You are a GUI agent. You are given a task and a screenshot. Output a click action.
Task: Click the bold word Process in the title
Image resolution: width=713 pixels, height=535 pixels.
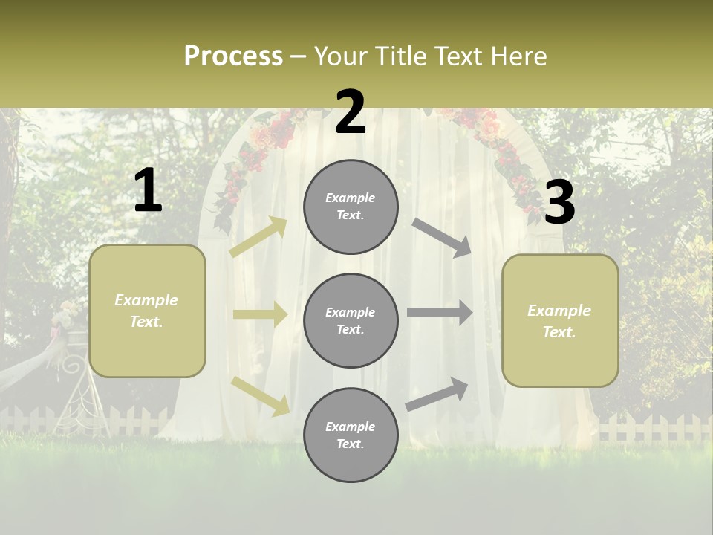pos(233,56)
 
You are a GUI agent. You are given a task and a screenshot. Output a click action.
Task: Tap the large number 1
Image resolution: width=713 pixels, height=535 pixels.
pos(148,191)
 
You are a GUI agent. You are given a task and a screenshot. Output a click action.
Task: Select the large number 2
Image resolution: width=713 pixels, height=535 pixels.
pos(351,112)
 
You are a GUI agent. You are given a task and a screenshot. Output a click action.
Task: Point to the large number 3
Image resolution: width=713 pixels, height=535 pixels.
pos(559,203)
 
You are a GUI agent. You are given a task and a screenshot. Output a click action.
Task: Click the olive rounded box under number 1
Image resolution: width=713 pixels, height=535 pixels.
pos(147,311)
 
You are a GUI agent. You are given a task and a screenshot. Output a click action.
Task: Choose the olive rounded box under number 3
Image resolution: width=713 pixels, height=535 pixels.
pos(560,320)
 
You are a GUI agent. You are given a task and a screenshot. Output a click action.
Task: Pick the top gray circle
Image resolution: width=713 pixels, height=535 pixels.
pos(351,207)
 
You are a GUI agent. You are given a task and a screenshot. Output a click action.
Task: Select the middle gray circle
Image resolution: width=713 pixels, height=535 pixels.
pos(351,320)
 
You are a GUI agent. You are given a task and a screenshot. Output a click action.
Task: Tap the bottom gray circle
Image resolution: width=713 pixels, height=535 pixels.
pos(351,435)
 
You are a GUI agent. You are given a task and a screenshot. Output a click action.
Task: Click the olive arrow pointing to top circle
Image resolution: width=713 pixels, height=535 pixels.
pos(258,237)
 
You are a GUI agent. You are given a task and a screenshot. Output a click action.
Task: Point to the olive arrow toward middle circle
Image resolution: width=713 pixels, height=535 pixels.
pos(260,314)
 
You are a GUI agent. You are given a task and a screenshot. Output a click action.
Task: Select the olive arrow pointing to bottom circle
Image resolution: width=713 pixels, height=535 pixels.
pos(261,395)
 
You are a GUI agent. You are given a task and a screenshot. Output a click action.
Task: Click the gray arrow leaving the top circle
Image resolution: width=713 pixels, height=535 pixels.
pos(442,237)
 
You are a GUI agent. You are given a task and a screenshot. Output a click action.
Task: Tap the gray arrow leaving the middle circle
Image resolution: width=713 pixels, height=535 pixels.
pos(440,313)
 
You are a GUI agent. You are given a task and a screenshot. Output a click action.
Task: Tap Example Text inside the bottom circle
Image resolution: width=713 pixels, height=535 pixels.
pos(351,435)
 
